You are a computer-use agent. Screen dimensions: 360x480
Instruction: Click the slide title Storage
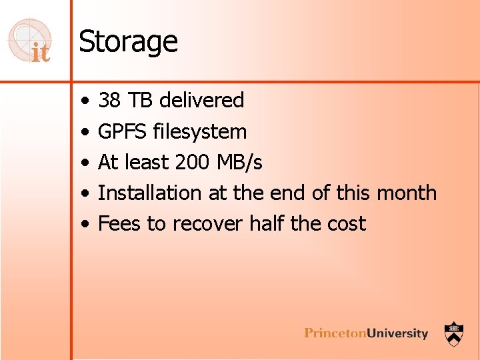[x=128, y=42]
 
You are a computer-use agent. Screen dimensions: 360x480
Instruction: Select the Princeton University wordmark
[x=366, y=333]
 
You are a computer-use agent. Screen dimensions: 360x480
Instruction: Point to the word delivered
[x=202, y=101]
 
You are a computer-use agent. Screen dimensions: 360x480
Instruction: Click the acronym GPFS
[x=122, y=131]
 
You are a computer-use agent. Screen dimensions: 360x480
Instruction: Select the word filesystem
[x=200, y=131]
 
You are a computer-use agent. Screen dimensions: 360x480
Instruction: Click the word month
[x=406, y=193]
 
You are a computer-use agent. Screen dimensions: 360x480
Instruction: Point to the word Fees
[x=119, y=223]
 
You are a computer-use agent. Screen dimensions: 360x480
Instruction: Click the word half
[x=267, y=223]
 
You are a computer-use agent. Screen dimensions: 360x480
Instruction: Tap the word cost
[x=345, y=223]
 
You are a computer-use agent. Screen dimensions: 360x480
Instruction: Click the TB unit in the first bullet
[x=141, y=101]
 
